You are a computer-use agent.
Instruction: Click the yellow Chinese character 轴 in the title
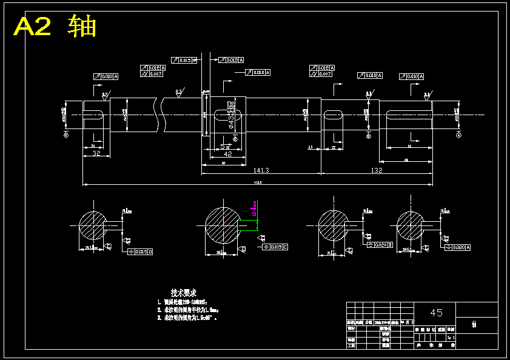(x=82, y=27)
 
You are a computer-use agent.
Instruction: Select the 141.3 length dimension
(x=262, y=170)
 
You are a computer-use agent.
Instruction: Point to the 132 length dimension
(x=377, y=170)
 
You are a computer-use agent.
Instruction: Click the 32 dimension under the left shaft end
(x=96, y=153)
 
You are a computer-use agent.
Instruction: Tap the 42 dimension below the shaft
(x=228, y=153)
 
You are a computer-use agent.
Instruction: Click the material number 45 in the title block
(x=436, y=313)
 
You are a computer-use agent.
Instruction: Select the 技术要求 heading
(x=183, y=293)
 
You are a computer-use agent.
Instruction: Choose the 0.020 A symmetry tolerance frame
(x=459, y=247)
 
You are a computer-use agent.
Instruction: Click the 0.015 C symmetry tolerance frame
(x=275, y=247)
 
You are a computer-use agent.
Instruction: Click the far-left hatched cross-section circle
(x=93, y=225)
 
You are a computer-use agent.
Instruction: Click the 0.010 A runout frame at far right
(x=411, y=76)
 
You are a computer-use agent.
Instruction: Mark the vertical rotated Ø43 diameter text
(x=231, y=115)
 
